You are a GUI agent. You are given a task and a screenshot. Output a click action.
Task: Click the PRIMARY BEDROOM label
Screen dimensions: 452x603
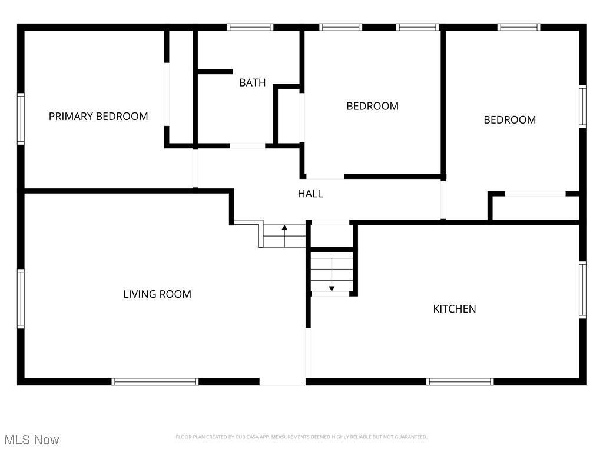98,117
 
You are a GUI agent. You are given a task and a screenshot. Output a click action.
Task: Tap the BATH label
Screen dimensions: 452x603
252,83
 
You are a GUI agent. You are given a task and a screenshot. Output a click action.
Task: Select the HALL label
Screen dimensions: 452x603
310,194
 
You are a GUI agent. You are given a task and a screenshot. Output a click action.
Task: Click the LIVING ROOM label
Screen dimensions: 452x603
157,294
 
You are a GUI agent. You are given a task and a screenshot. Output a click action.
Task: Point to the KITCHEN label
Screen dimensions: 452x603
454,309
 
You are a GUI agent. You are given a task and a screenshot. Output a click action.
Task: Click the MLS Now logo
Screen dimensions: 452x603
31,440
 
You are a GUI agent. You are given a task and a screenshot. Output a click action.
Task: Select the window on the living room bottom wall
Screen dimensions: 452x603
155,382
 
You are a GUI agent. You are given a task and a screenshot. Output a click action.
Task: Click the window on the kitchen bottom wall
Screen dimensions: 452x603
460,382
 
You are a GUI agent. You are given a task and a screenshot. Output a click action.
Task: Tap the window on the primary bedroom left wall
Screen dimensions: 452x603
21,119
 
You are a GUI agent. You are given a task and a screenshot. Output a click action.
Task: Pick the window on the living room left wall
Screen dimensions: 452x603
21,298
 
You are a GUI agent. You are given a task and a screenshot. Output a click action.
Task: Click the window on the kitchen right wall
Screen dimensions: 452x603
582,290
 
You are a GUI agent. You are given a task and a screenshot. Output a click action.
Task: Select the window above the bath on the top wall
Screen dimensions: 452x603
250,27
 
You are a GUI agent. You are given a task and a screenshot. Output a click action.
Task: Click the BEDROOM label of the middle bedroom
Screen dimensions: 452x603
372,107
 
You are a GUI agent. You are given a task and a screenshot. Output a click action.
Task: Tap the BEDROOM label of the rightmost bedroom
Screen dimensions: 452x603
509,120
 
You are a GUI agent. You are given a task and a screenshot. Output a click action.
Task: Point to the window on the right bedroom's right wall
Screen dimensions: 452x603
582,107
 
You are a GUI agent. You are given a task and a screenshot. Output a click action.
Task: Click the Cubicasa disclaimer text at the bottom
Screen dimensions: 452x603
301,437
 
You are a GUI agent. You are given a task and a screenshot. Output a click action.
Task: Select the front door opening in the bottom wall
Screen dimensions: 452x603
282,382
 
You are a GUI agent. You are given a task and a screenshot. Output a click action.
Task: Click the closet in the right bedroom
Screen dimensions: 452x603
535,208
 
